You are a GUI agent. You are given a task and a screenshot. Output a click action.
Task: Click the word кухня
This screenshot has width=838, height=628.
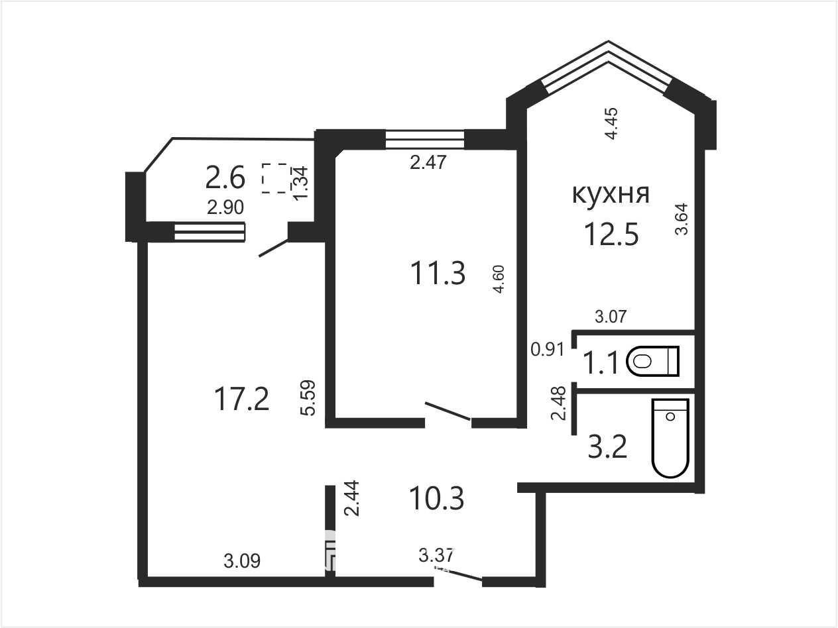pos(611,195)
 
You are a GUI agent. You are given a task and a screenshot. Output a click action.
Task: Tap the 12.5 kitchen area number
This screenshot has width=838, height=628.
pos(611,235)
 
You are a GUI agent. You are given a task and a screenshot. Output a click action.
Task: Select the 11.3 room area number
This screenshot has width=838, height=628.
pos(438,273)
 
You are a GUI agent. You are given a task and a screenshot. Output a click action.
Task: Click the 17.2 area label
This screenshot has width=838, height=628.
pos(242,399)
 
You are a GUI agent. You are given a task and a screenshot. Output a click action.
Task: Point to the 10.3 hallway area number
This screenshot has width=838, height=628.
pos(436,498)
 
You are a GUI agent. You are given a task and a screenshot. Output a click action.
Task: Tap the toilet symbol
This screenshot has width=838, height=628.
pos(652,361)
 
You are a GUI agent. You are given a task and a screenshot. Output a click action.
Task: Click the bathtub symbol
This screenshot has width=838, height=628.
pos(671,438)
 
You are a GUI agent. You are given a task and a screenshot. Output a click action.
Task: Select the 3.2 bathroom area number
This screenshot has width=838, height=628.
pos(607,447)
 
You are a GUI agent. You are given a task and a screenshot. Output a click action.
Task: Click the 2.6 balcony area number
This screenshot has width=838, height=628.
pos(225,178)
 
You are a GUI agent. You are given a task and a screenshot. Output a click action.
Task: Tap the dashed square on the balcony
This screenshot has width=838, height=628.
pos(274,178)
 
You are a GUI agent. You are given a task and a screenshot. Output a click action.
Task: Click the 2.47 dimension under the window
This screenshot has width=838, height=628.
pos(428,162)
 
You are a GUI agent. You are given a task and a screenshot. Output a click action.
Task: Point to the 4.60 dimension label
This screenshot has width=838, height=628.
pos(499,279)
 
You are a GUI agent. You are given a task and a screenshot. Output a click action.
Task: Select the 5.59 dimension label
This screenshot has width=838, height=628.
pos(308,397)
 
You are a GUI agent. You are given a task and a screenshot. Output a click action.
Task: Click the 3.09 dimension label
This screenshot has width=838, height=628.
pos(242,561)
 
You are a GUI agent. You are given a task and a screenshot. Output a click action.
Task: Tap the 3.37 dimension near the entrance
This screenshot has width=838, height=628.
pos(436,555)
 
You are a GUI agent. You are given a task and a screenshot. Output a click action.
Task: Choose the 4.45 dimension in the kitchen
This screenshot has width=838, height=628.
pos(611,123)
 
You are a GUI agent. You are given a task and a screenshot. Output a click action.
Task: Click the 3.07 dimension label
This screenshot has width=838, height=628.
pos(611,317)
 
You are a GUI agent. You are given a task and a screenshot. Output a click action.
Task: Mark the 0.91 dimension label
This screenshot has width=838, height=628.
pos(548,349)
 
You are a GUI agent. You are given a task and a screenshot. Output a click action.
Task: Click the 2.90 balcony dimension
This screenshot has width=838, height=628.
pos(225,207)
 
